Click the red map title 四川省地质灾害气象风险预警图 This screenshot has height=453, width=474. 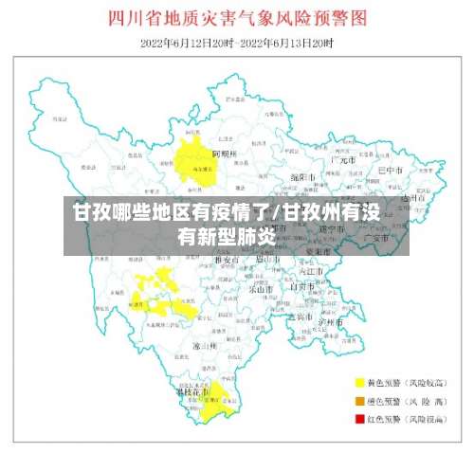tap(237, 18)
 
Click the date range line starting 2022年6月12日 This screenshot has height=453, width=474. tap(236, 43)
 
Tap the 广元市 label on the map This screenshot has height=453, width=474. tap(340, 161)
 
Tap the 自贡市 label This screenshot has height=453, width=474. tap(302, 286)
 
